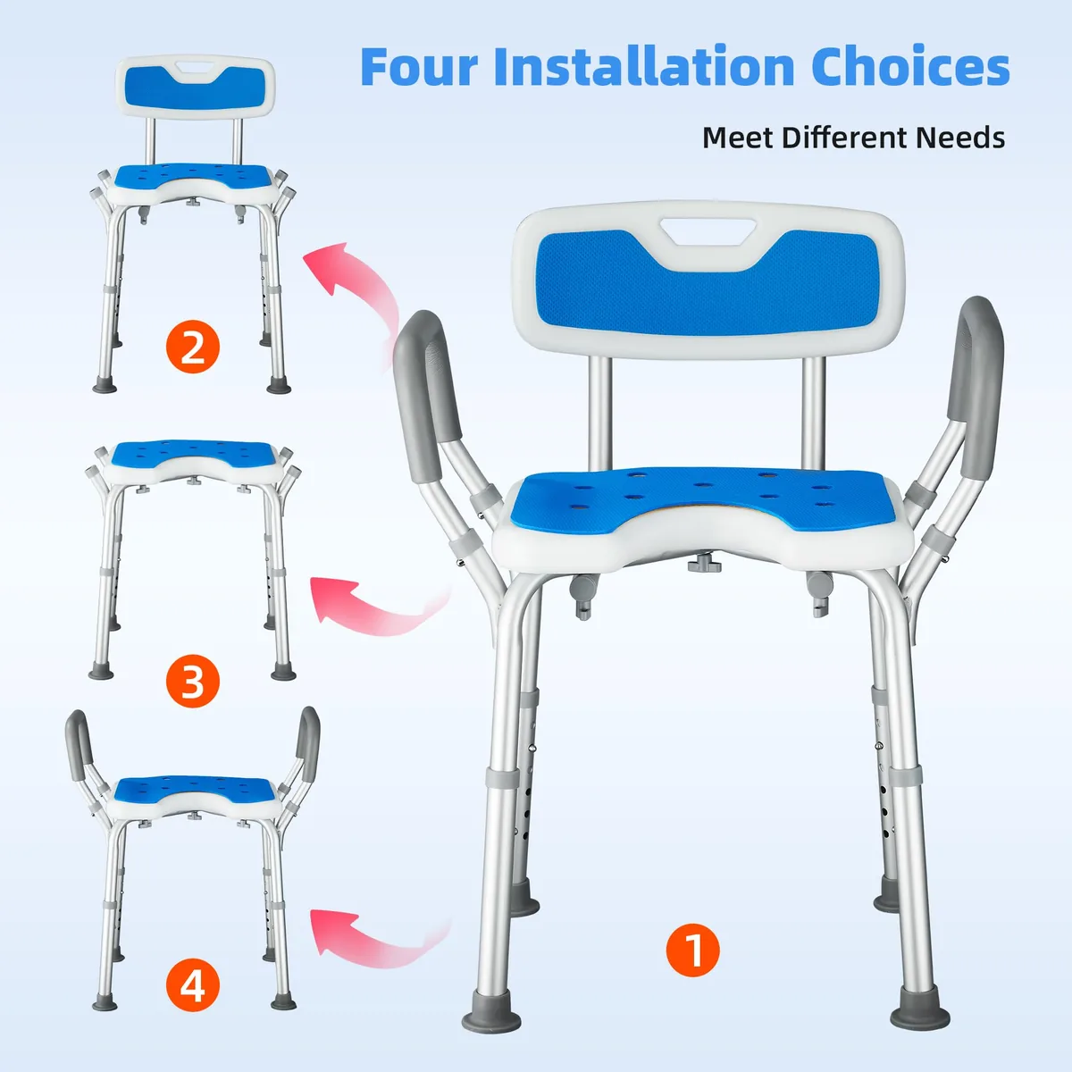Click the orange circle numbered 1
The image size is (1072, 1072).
click(692, 951)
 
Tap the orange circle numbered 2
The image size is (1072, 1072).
click(192, 346)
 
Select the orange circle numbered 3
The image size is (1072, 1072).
click(192, 681)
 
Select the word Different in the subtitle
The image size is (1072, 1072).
click(844, 138)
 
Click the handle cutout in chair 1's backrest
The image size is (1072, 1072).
click(708, 230)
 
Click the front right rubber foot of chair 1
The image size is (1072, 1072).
click(919, 1014)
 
